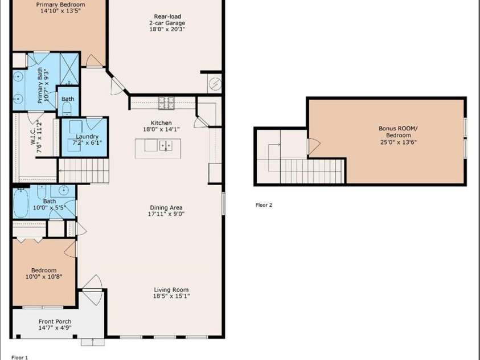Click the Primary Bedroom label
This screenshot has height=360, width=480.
click(x=60, y=5)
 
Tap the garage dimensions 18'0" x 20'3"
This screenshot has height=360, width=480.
click(x=167, y=30)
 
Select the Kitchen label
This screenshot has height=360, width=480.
click(x=161, y=123)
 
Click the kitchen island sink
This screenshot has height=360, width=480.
click(x=166, y=145)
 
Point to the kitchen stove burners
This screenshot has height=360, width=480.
click(x=166, y=103)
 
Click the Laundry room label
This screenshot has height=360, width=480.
click(x=87, y=137)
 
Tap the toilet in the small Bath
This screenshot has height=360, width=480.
click(x=67, y=108)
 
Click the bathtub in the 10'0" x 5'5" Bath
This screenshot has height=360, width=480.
click(x=21, y=202)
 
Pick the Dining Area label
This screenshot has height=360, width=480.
click(x=166, y=207)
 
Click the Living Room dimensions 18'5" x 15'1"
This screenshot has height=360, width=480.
click(x=171, y=296)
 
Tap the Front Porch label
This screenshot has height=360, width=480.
click(x=55, y=321)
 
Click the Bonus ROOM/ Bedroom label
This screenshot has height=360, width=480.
click(x=398, y=132)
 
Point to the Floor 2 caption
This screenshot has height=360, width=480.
click(x=264, y=205)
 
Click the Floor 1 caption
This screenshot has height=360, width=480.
click(x=19, y=357)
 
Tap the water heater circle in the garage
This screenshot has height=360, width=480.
click(x=215, y=83)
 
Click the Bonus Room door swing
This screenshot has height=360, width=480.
click(x=314, y=146)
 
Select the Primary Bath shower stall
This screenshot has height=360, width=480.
click(x=69, y=69)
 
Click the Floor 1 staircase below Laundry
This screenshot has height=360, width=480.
click(x=84, y=171)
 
